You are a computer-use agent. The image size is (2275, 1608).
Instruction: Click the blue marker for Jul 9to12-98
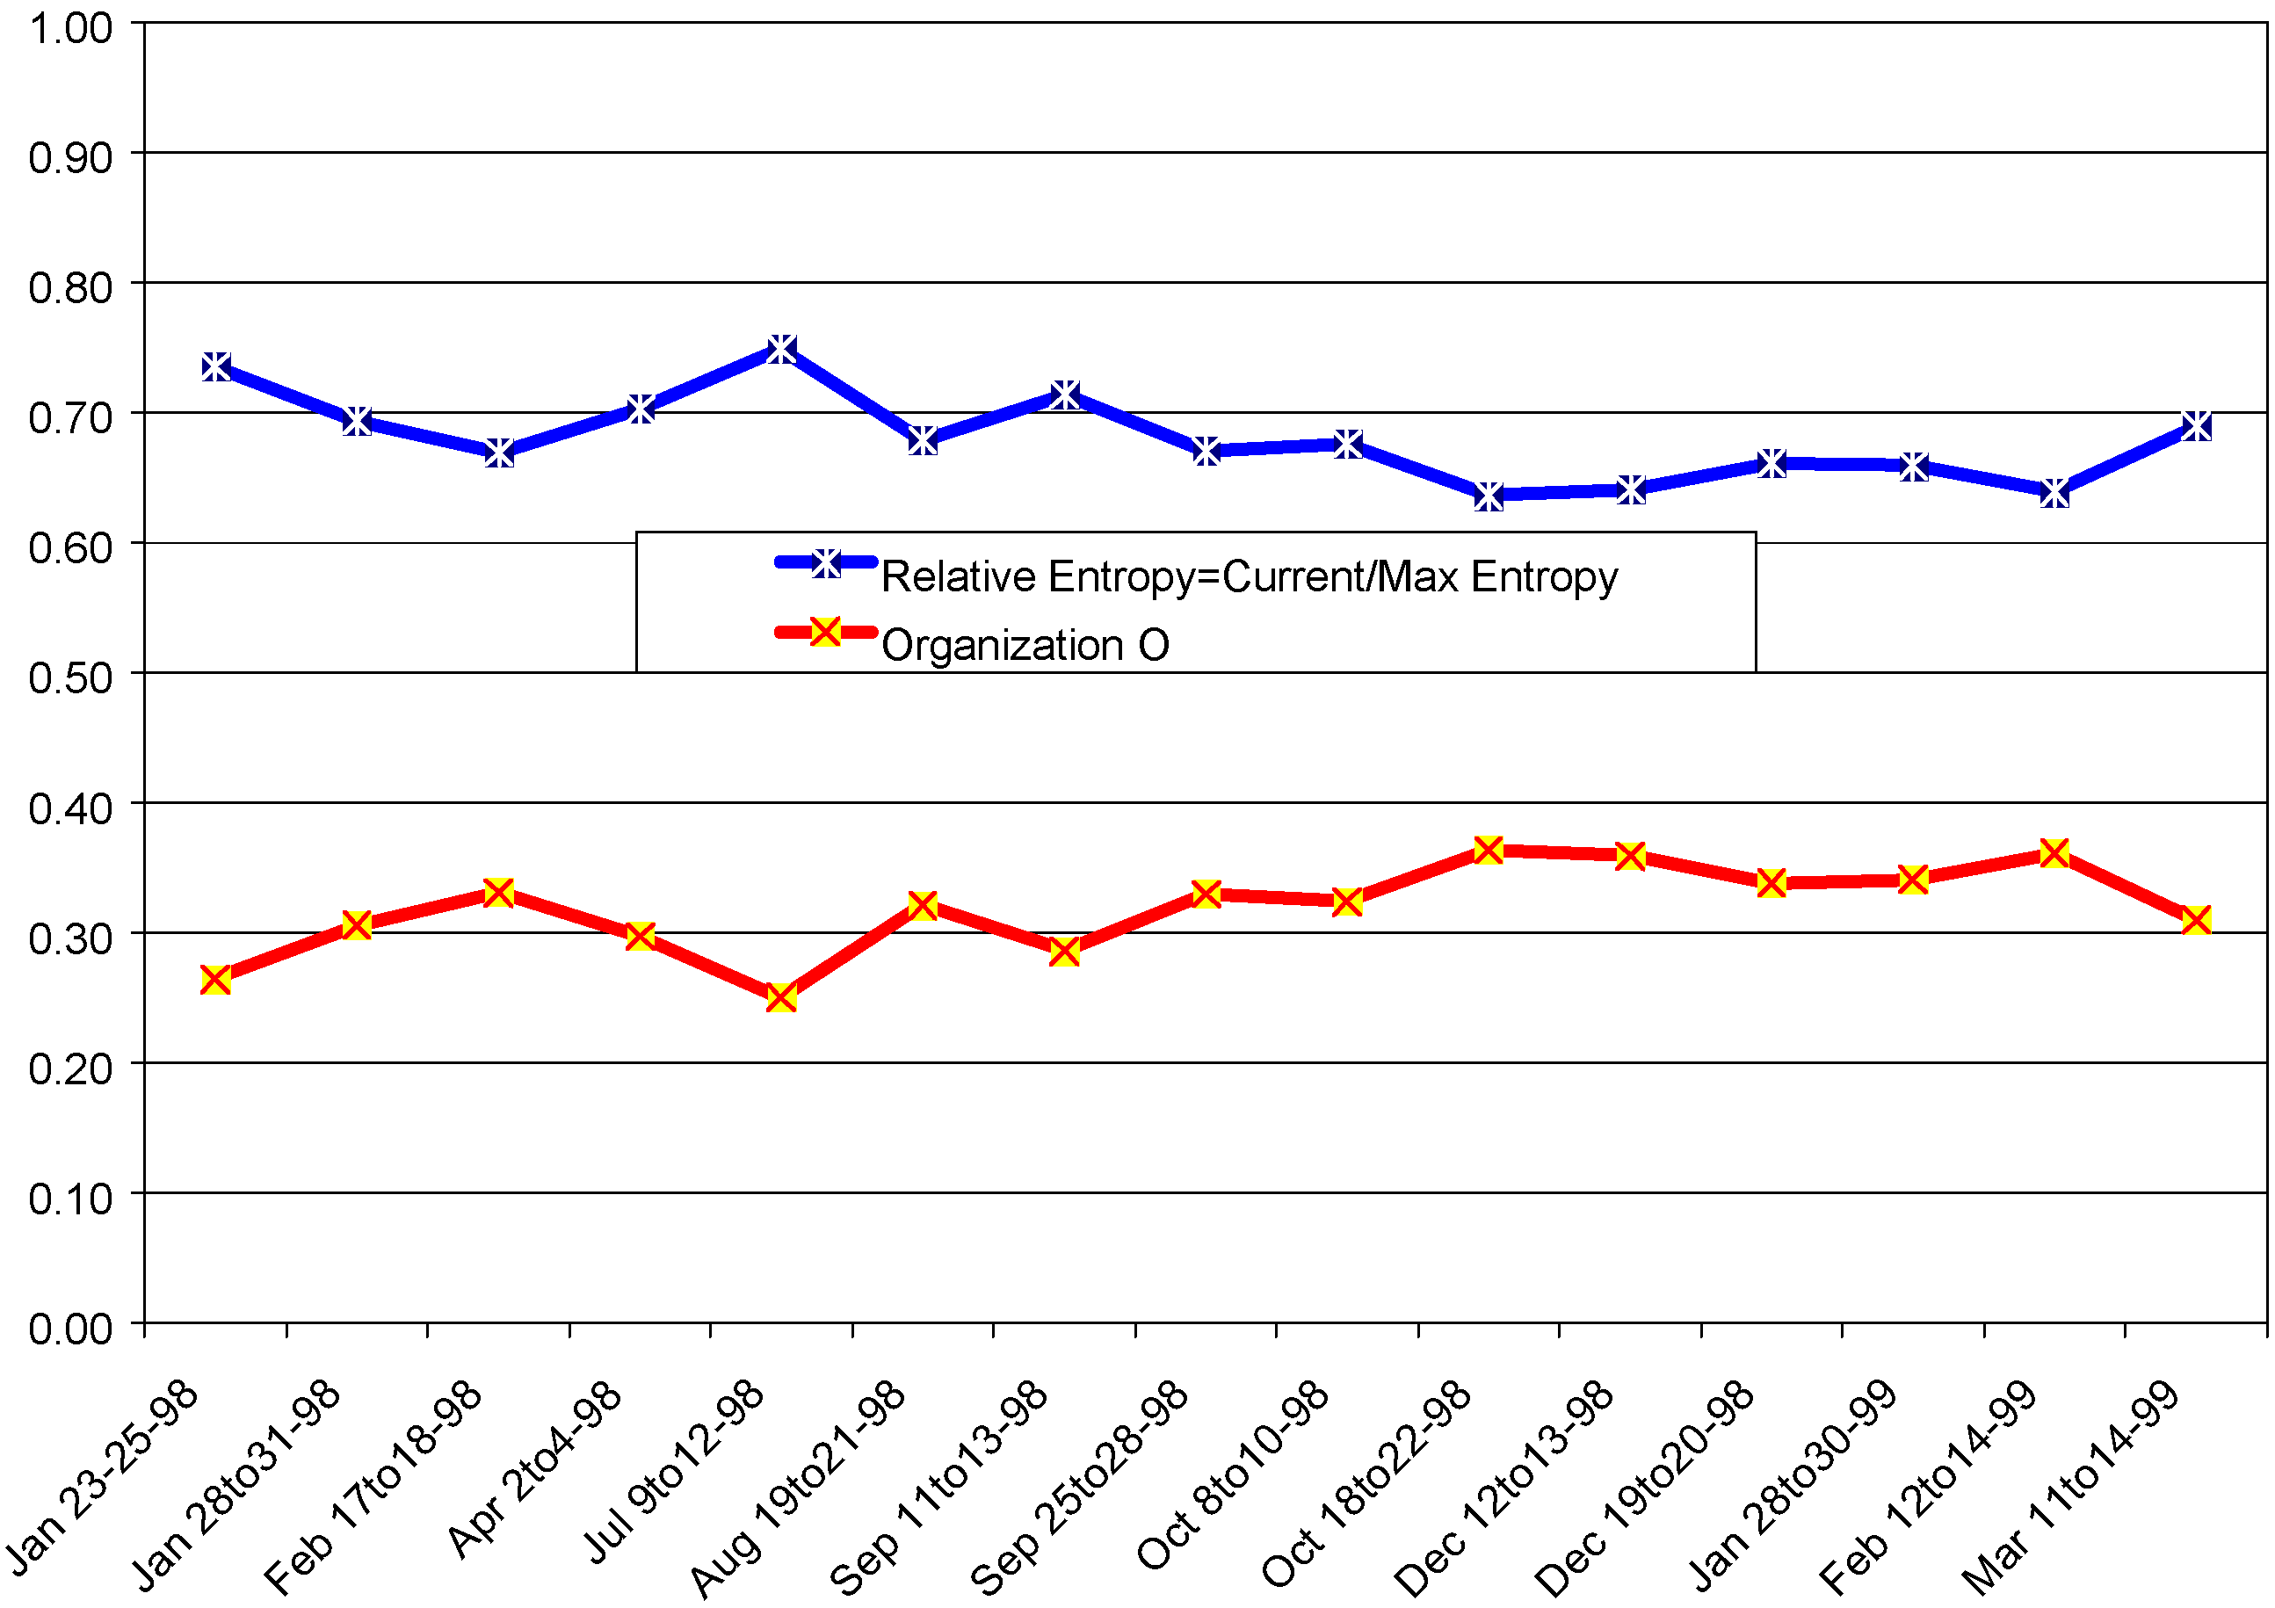(x=782, y=349)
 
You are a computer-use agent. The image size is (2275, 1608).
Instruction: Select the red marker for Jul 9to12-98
(x=782, y=996)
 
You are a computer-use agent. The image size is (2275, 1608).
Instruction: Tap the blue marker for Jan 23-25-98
(x=216, y=366)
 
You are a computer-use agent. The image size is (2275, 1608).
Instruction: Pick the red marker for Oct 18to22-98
(x=1489, y=850)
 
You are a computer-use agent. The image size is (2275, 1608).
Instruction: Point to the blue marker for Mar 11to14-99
(x=2196, y=426)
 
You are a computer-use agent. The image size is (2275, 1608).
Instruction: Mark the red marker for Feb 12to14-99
(x=2054, y=853)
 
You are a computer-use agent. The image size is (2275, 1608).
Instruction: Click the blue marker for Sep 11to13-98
(x=1064, y=395)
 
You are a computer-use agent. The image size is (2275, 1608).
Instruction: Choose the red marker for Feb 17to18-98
(x=499, y=893)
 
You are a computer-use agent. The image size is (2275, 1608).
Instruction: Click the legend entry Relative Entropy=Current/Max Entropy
(x=1249, y=576)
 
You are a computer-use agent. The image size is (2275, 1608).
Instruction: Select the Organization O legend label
(x=1025, y=645)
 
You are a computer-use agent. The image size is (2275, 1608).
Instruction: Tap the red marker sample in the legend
(x=825, y=631)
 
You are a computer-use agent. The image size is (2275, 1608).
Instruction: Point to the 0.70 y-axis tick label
(x=70, y=417)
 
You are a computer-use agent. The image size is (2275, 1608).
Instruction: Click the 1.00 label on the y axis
(x=70, y=28)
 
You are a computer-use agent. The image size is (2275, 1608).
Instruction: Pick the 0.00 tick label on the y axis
(x=70, y=1329)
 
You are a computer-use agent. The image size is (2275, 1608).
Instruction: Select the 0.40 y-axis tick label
(x=70, y=808)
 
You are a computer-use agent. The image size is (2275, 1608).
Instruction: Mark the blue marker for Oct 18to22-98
(x=1489, y=495)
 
